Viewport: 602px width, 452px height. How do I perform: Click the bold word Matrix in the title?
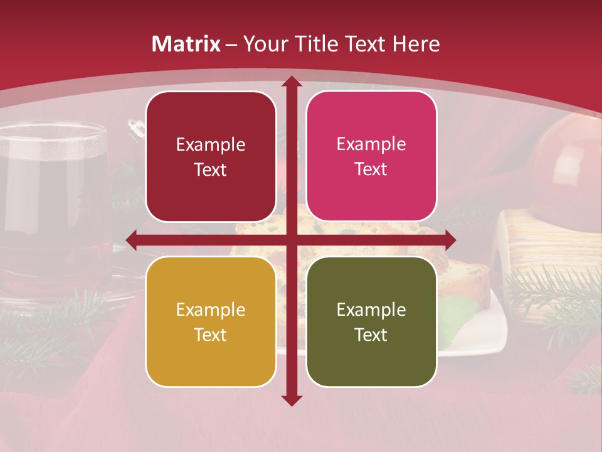186,44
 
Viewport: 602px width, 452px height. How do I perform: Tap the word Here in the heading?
416,44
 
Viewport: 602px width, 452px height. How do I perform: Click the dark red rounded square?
211,156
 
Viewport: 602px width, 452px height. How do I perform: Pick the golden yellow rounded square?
211,321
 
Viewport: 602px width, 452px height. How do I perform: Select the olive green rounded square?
371,321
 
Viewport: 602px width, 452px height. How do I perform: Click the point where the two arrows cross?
291,239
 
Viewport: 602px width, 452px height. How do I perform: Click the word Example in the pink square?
371,144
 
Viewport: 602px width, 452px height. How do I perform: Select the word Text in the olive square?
371,335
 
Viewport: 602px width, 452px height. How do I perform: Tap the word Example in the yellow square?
211,309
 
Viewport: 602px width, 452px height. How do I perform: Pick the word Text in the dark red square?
211,169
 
